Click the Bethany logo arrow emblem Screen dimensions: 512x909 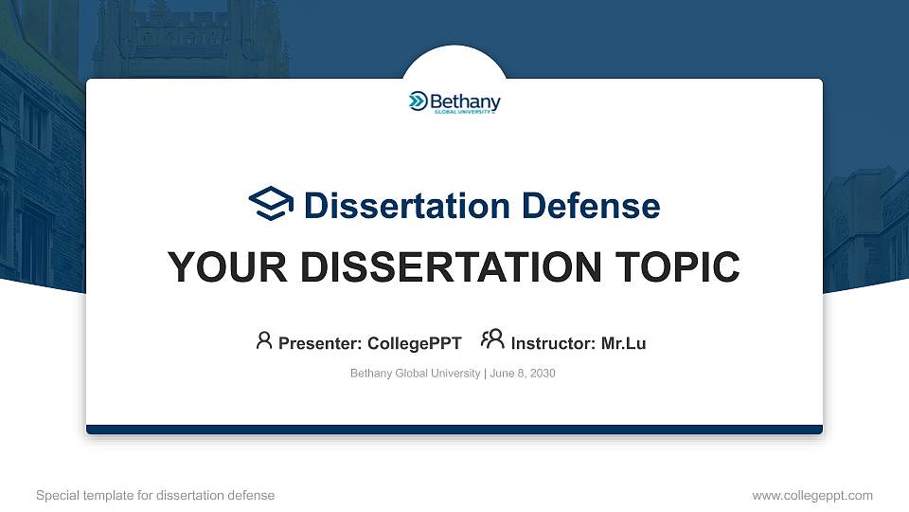(x=418, y=101)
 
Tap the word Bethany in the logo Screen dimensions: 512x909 (x=465, y=101)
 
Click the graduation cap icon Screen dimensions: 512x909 (x=271, y=204)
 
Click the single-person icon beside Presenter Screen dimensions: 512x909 (x=264, y=340)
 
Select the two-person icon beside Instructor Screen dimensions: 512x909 (x=492, y=340)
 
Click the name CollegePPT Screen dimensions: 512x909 (x=414, y=343)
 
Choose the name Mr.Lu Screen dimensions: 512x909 (x=623, y=343)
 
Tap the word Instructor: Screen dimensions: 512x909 (x=553, y=343)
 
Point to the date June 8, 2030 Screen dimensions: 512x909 (x=523, y=374)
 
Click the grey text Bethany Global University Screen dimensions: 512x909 (x=415, y=374)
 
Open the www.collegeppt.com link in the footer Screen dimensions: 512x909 (x=811, y=495)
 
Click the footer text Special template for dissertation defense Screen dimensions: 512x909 (x=155, y=495)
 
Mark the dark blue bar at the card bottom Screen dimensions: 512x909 (x=454, y=430)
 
